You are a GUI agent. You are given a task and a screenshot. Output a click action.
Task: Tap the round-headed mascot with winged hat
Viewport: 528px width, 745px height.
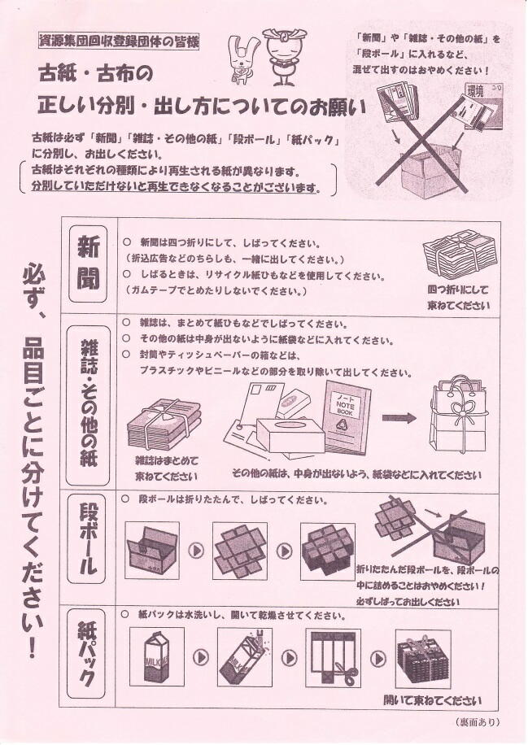pyautogui.click(x=284, y=58)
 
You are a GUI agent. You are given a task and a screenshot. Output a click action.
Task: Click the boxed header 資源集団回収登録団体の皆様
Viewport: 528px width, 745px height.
pyautogui.click(x=118, y=41)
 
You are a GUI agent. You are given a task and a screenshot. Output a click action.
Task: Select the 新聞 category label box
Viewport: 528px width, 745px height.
pyautogui.click(x=88, y=264)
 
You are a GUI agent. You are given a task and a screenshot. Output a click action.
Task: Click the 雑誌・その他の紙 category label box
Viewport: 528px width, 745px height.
pyautogui.click(x=88, y=405)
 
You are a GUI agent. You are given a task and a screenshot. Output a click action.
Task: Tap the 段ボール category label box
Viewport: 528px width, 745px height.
pyautogui.click(x=89, y=538)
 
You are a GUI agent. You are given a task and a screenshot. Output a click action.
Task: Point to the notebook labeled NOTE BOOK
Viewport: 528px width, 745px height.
pyautogui.click(x=347, y=416)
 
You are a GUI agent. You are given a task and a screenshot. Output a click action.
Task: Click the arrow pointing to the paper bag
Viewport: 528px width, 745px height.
pyautogui.click(x=399, y=418)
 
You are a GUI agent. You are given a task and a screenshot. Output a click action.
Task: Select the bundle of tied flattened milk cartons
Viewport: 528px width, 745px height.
pyautogui.click(x=423, y=659)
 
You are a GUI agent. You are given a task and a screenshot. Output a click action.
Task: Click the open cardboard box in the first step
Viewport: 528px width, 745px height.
pyautogui.click(x=152, y=550)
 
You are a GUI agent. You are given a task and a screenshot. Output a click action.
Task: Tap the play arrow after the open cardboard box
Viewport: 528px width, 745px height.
pyautogui.click(x=196, y=551)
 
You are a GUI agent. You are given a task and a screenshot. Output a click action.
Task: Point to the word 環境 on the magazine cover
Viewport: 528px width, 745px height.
pyautogui.click(x=475, y=91)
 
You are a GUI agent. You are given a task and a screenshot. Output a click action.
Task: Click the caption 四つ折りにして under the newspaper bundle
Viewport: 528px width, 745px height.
pyautogui.click(x=458, y=290)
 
